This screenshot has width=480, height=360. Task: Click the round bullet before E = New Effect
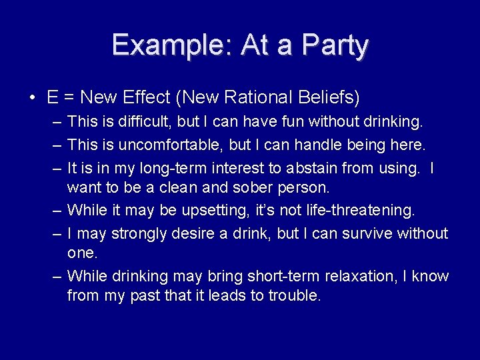click(x=32, y=98)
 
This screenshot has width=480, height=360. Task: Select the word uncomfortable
click(x=174, y=144)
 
